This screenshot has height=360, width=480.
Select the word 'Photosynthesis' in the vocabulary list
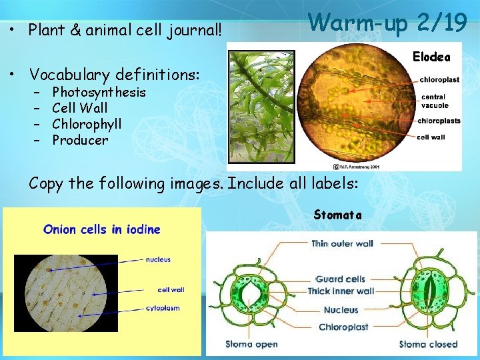click(99, 92)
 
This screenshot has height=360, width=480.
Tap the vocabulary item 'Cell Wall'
click(79, 108)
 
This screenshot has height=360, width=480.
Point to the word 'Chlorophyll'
click(87, 124)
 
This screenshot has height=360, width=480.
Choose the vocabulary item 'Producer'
click(80, 140)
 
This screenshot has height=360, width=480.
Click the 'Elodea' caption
click(431, 57)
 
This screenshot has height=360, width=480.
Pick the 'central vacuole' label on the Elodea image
click(435, 101)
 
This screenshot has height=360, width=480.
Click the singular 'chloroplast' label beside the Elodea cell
click(439, 80)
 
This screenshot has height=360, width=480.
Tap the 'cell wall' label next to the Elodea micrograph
click(431, 137)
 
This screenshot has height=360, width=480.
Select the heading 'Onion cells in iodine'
click(102, 229)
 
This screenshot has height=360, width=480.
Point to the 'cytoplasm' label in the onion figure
click(163, 308)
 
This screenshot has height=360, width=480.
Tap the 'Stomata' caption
click(337, 215)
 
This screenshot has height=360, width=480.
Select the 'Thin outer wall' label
click(342, 244)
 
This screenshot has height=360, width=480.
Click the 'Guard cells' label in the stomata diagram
click(340, 279)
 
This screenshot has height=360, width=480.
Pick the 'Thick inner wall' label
click(341, 291)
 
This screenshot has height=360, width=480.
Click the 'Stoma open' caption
click(251, 345)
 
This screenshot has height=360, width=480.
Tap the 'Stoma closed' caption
click(428, 345)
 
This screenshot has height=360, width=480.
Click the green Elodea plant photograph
click(261, 107)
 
